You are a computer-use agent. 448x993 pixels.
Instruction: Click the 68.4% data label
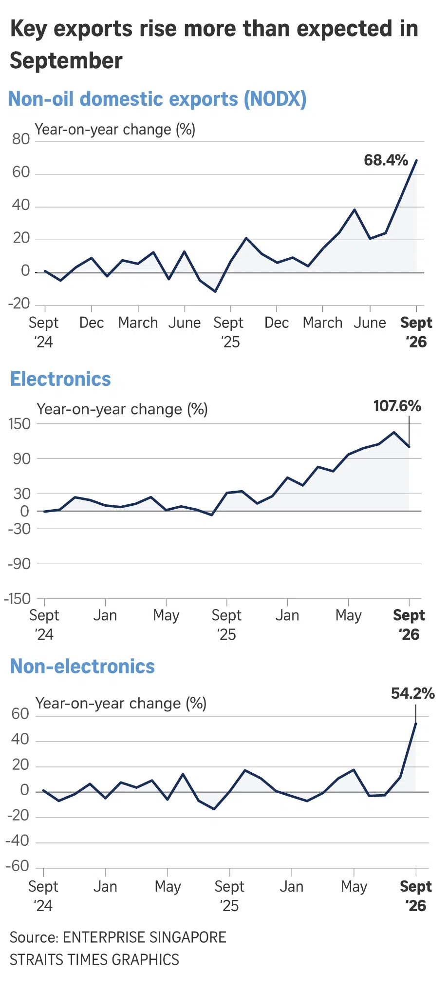tap(386, 160)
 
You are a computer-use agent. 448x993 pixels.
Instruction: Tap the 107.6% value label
tap(397, 406)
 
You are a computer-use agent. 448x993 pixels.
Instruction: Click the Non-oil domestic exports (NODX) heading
tap(158, 99)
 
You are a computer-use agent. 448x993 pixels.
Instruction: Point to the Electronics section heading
tap(60, 379)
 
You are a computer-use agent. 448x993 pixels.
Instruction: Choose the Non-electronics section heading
tap(82, 666)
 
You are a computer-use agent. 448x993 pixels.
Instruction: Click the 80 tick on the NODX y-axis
tap(21, 139)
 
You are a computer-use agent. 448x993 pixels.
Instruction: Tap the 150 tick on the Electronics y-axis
tap(19, 424)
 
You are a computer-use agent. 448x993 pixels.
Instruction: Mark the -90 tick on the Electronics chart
tap(19, 564)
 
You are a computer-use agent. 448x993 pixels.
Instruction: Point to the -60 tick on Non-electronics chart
tap(18, 866)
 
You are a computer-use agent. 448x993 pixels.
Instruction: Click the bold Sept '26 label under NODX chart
tap(416, 332)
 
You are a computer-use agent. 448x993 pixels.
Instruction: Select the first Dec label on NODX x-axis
tap(92, 323)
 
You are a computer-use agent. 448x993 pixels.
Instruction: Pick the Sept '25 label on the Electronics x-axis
tap(226, 625)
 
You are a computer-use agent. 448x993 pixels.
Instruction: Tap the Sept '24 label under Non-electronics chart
tap(43, 896)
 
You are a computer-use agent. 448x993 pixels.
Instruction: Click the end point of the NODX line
tap(416, 160)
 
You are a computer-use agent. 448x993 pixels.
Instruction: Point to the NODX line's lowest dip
tap(215, 291)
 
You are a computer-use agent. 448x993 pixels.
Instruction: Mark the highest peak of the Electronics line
tap(394, 432)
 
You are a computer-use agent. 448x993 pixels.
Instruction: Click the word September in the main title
tap(66, 61)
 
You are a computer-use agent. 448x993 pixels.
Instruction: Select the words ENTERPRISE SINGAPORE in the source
tap(145, 937)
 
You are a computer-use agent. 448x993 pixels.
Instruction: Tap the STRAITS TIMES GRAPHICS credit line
tap(94, 959)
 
